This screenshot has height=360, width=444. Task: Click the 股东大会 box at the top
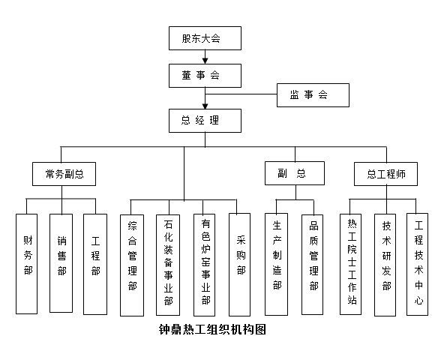point(205,38)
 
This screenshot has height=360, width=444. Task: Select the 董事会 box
point(205,76)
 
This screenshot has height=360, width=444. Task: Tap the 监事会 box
point(313,95)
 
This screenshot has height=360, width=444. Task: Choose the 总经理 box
point(205,121)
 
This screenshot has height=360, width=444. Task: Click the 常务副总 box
point(64,174)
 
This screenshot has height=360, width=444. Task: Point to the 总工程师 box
point(385,174)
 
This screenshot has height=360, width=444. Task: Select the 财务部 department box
point(26,264)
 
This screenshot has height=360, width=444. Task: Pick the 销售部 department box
point(61,263)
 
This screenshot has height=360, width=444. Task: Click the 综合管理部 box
point(132,265)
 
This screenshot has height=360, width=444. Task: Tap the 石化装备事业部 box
point(168,265)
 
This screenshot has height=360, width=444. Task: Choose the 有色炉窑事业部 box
point(205,265)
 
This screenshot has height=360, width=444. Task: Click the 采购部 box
point(239,265)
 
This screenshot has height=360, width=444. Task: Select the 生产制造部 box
point(276,264)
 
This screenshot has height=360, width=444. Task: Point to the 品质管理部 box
point(312,265)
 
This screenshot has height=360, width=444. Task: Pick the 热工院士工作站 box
point(350,264)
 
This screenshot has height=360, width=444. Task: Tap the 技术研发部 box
point(385,265)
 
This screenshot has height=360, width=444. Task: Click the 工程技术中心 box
point(418,264)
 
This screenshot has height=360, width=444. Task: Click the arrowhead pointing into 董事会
point(205,61)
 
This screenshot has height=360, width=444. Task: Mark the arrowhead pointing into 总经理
point(205,106)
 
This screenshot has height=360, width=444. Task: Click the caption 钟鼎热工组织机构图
point(212,330)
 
